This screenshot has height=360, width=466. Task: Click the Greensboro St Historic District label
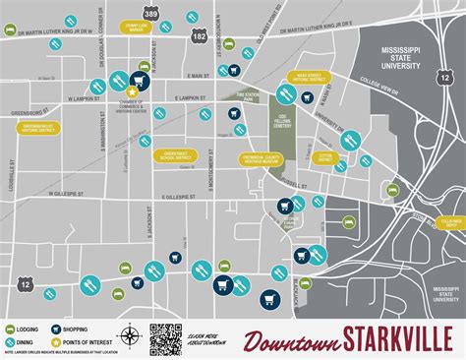click(37, 127)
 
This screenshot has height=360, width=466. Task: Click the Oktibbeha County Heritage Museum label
click(260, 158)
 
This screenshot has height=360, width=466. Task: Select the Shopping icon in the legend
click(62, 329)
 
